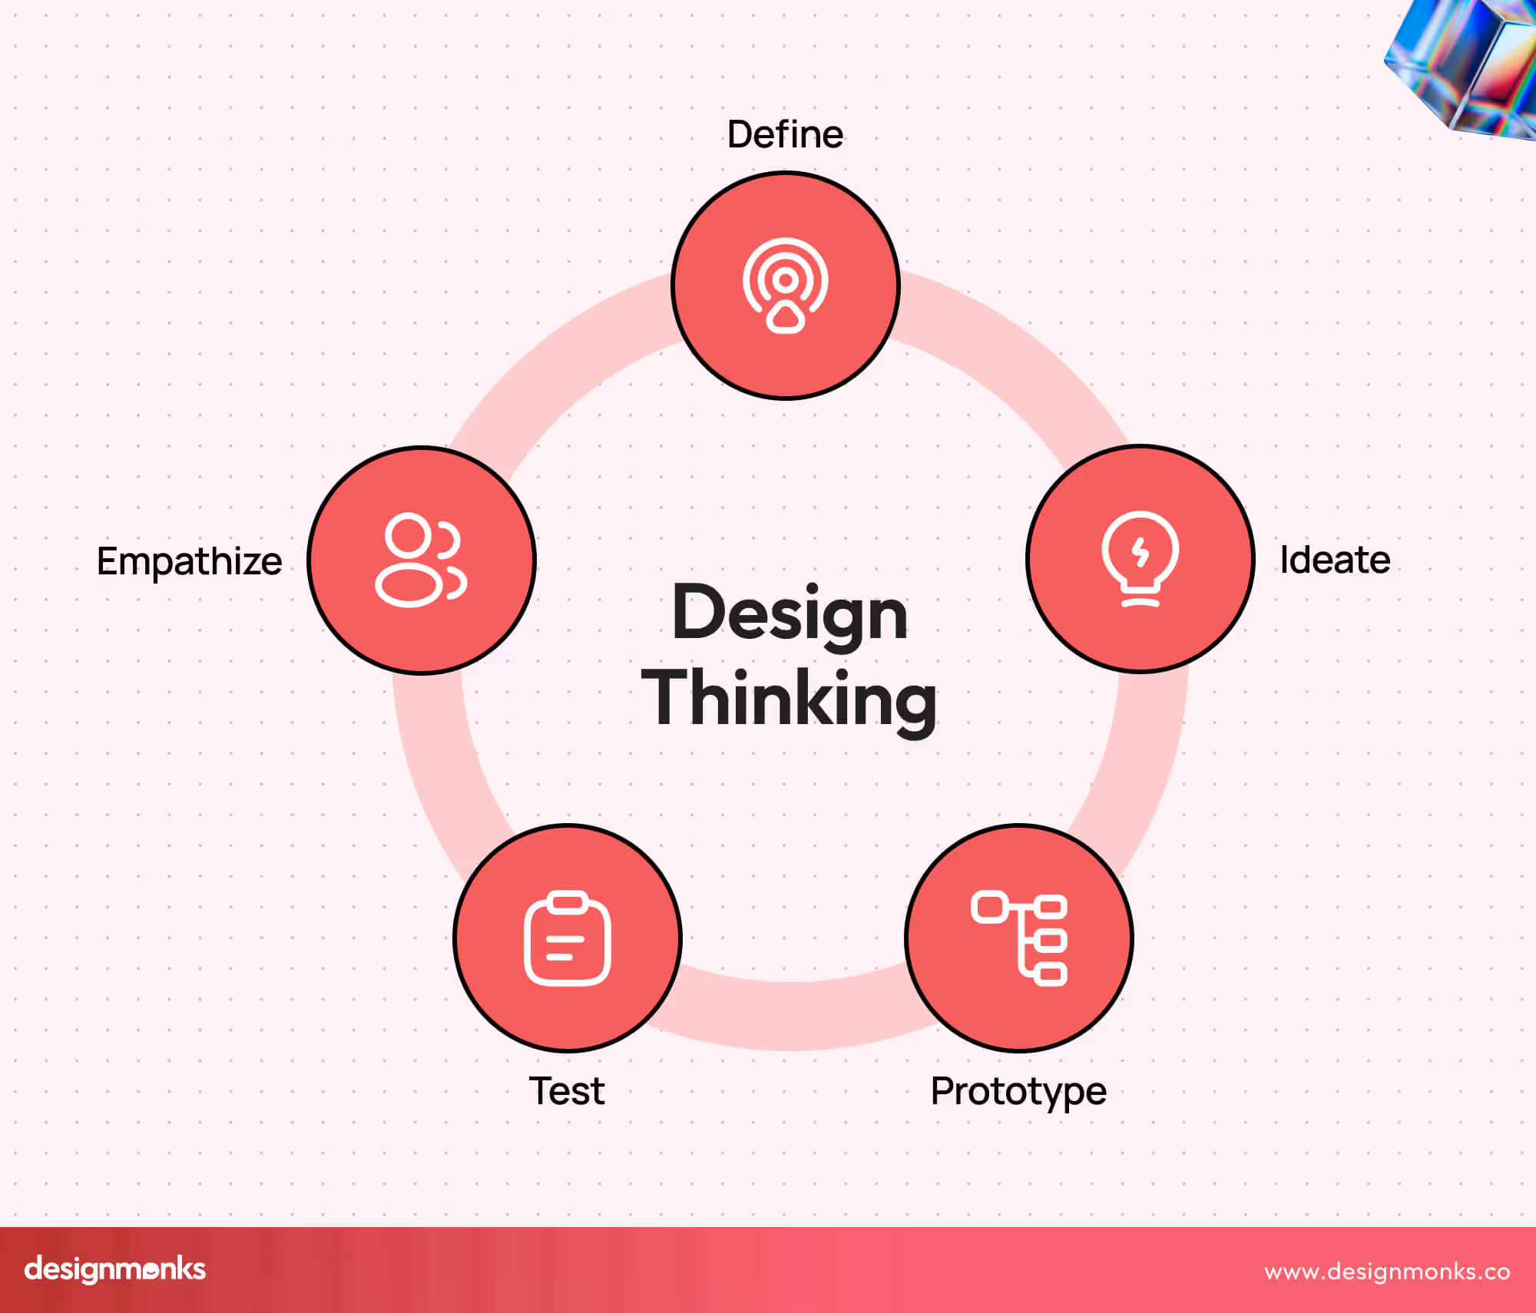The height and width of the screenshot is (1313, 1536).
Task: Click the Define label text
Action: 785,134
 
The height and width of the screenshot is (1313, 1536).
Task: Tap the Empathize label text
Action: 189,561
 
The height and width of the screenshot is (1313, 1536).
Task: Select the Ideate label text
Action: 1335,560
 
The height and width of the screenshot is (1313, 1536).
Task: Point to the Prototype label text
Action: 1018,1091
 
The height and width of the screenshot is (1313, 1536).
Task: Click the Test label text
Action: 567,1091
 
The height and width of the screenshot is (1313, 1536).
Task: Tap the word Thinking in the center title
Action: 790,698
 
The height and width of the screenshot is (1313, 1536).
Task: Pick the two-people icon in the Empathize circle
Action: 420,561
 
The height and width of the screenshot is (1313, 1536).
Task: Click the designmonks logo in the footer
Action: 115,1269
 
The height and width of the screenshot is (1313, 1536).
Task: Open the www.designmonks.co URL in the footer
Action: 1387,1272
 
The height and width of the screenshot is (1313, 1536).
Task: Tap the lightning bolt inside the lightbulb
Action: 1140,551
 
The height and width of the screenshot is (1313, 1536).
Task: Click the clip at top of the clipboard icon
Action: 568,901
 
